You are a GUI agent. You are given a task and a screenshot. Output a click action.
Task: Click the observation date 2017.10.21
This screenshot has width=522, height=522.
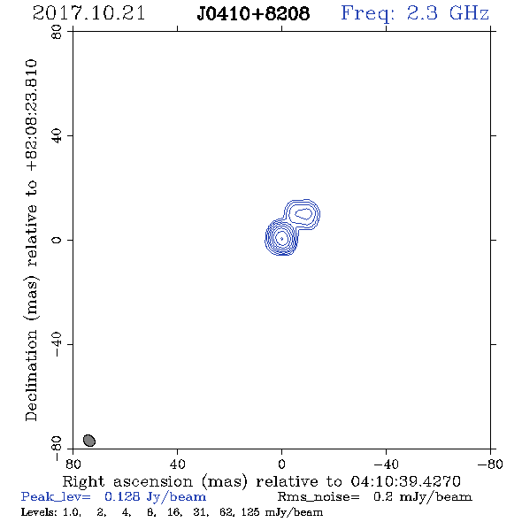click(88, 13)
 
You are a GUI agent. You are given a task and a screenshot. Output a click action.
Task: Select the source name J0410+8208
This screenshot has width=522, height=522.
click(253, 13)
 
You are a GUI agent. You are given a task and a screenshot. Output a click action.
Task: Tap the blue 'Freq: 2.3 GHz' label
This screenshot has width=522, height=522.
click(415, 13)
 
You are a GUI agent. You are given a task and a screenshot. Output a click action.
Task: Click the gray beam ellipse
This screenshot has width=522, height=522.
click(89, 440)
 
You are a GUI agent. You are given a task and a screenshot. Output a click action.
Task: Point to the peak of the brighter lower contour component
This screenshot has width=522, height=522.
click(281, 238)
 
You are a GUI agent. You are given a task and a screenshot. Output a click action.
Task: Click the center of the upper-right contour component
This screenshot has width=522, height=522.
click(303, 214)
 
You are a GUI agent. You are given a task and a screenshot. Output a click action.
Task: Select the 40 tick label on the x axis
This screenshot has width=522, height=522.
click(177, 464)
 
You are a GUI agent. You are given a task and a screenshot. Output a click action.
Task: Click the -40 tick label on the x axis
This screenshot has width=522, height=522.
click(386, 464)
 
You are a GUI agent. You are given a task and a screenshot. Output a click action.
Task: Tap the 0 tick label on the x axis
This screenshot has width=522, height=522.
click(281, 464)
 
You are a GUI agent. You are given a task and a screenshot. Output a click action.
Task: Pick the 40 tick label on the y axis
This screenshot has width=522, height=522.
click(57, 135)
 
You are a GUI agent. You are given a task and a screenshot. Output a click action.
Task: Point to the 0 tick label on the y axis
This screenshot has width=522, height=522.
click(57, 240)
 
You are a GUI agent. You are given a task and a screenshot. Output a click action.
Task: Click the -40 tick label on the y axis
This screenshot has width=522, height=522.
click(57, 344)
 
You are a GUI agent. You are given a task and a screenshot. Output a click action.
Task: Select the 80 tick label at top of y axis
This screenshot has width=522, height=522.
click(57, 31)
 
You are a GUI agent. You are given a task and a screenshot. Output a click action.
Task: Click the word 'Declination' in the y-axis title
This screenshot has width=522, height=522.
click(31, 375)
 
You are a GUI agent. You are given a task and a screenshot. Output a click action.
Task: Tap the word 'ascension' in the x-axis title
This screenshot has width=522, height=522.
click(153, 481)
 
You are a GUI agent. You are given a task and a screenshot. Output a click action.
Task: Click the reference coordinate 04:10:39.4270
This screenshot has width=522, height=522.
click(405, 481)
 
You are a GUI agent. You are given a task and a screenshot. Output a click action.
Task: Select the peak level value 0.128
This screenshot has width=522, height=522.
click(122, 497)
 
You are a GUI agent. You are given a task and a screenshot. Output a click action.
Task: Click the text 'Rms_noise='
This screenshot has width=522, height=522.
click(319, 497)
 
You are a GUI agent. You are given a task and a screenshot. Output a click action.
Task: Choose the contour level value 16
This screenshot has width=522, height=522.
click(174, 512)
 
